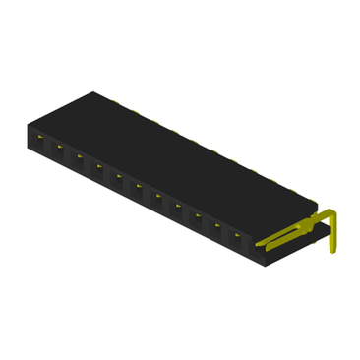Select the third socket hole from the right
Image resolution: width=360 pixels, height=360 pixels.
point(198,216)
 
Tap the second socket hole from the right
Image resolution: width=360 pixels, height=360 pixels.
point(217,226)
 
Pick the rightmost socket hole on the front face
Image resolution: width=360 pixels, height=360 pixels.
point(238,236)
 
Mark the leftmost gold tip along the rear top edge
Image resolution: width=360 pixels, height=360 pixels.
point(116,100)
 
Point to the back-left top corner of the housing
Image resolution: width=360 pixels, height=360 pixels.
point(94,92)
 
